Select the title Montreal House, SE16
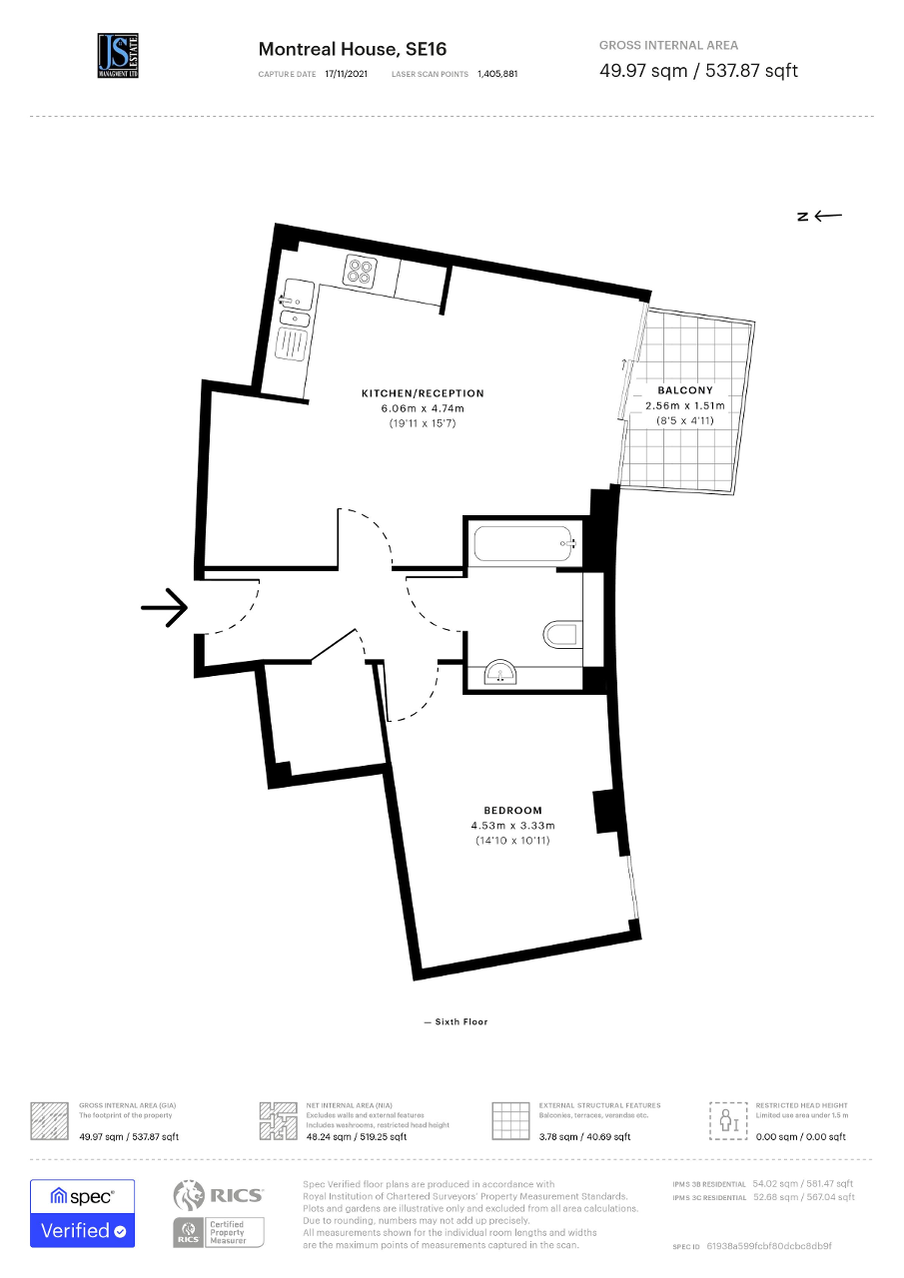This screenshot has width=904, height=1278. pyautogui.click(x=353, y=49)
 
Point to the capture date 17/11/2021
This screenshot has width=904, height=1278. pyautogui.click(x=346, y=74)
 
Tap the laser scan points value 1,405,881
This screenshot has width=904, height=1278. pyautogui.click(x=497, y=74)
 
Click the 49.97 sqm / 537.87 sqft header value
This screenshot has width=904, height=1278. pyautogui.click(x=698, y=70)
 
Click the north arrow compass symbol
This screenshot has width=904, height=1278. pyautogui.click(x=820, y=215)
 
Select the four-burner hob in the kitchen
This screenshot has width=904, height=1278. pyautogui.click(x=360, y=270)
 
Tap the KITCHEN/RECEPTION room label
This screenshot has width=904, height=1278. pyautogui.click(x=423, y=393)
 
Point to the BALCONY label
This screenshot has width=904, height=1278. pyautogui.click(x=685, y=390)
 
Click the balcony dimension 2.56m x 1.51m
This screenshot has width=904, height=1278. pyautogui.click(x=685, y=406)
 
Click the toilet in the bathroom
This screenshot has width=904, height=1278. pyautogui.click(x=562, y=634)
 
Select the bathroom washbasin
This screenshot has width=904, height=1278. pyautogui.click(x=501, y=674)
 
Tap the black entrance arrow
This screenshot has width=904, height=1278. pyautogui.click(x=165, y=607)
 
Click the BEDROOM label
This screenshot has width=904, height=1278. pyautogui.click(x=512, y=810)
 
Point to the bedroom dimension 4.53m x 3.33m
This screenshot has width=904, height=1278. pyautogui.click(x=512, y=826)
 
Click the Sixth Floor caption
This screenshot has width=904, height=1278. pyautogui.click(x=455, y=1021)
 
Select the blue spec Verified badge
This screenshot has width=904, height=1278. pyautogui.click(x=82, y=1212)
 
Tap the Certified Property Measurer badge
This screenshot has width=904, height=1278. pyautogui.click(x=219, y=1230)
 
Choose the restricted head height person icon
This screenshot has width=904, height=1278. pyautogui.click(x=728, y=1120)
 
